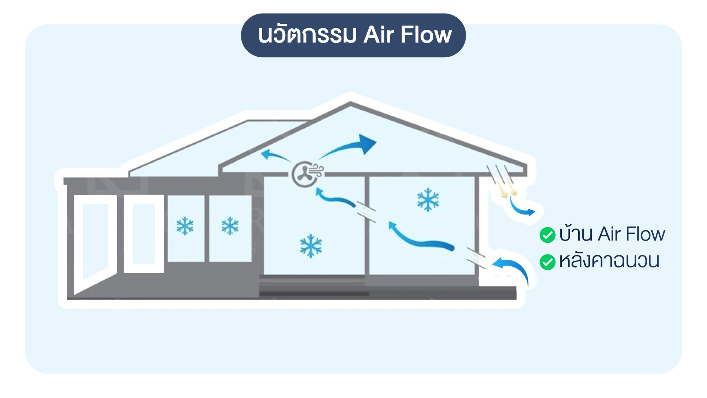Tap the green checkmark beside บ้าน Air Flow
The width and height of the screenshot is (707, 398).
click(x=548, y=235)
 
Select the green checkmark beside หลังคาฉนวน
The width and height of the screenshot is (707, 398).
click(x=548, y=262)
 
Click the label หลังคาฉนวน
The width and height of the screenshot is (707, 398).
click(x=609, y=261)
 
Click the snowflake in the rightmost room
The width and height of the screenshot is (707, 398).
click(x=428, y=200)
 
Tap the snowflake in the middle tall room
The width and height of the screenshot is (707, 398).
click(x=311, y=246)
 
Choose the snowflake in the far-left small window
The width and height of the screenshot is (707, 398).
click(x=185, y=226)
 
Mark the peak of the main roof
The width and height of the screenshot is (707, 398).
click(x=350, y=103)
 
